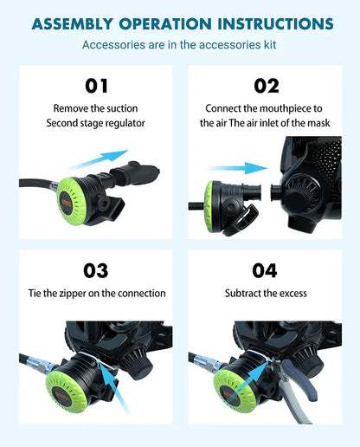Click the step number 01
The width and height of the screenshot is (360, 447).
point(96,86)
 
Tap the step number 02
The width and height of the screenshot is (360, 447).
point(266,86)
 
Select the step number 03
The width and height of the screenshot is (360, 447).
point(96,270)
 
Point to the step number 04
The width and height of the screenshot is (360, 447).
point(266,270)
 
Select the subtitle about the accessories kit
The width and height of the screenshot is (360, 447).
point(179,43)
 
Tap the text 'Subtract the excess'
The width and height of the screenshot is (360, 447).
point(266,294)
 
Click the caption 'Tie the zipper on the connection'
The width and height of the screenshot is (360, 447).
point(96,294)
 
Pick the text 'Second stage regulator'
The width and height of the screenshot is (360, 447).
point(96,123)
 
